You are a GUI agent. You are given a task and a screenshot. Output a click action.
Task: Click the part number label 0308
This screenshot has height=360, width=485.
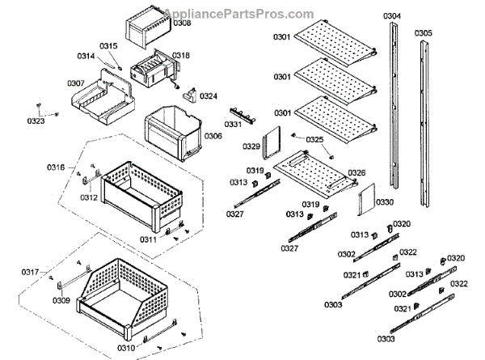click(183, 23)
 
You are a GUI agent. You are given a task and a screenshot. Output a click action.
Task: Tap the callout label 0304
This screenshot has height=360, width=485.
click(392, 16)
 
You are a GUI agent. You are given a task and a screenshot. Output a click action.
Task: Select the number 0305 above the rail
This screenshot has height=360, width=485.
click(423, 33)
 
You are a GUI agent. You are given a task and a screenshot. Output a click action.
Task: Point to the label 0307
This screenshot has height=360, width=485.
click(76, 83)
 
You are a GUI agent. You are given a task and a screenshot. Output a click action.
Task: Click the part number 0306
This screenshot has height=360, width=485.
click(213, 136)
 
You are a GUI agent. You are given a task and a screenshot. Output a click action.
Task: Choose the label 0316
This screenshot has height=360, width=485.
click(56, 167)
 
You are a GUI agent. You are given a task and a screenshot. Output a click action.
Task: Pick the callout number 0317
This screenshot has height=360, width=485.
click(30, 271)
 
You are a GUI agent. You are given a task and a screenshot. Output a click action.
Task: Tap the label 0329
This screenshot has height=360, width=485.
click(251, 146)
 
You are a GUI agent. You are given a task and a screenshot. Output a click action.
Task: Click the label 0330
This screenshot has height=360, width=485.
click(385, 201)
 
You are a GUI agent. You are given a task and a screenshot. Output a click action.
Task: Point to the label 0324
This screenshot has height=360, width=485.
click(209, 96)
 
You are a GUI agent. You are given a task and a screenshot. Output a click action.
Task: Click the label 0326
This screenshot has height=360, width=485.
click(356, 173)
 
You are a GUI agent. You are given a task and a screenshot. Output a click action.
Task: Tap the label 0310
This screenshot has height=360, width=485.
click(126, 348)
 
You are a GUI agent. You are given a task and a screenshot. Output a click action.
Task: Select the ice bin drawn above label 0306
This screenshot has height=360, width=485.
click(171, 131)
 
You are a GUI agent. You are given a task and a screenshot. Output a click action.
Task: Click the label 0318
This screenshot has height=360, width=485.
click(181, 55)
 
